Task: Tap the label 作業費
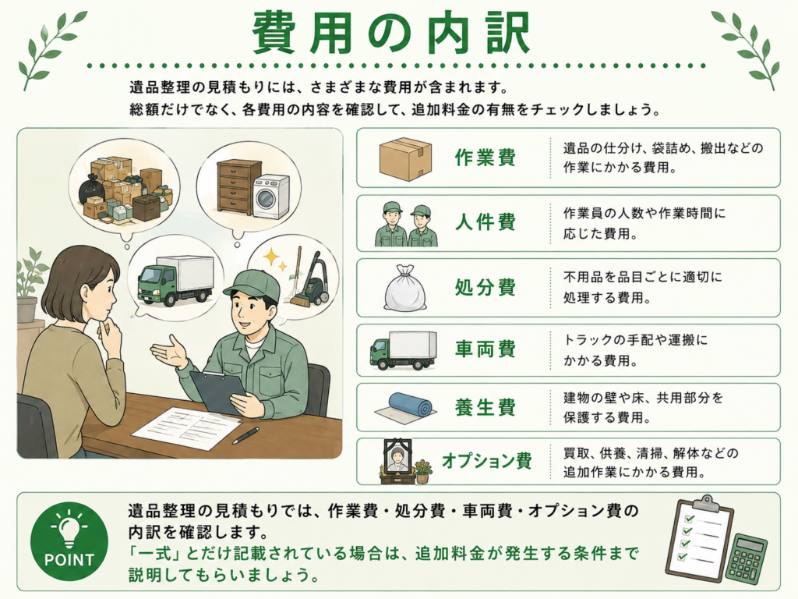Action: [486, 158]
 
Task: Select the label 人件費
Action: [486, 222]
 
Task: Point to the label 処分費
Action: [486, 287]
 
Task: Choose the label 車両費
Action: [486, 349]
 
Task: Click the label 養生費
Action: [486, 407]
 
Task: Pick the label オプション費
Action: [487, 461]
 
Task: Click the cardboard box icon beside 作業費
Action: [405, 158]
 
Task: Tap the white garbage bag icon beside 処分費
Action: [404, 288]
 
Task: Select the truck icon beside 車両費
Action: [404, 350]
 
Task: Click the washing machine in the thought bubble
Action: [270, 197]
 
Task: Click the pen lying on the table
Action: [245, 435]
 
